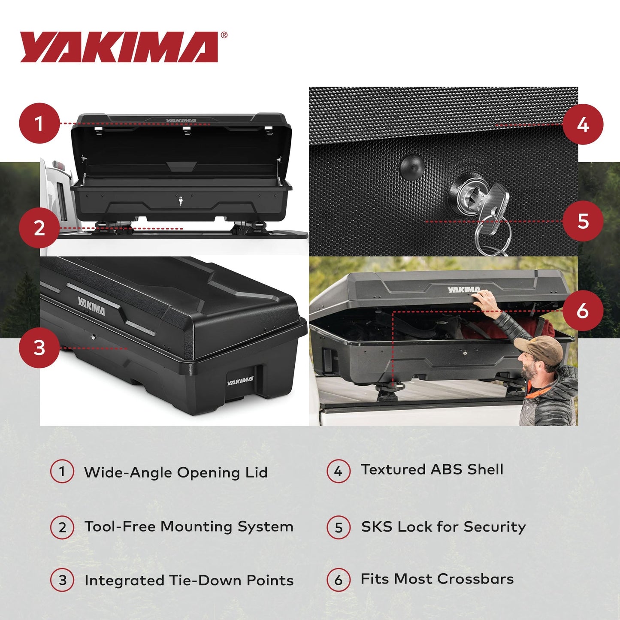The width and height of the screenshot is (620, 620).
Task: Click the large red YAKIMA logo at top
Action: pyautogui.click(x=119, y=47)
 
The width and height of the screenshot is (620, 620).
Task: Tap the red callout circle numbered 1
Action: pyautogui.click(x=39, y=124)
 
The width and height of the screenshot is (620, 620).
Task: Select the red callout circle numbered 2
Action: pyautogui.click(x=39, y=228)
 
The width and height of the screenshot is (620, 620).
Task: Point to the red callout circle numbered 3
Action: pyautogui.click(x=39, y=348)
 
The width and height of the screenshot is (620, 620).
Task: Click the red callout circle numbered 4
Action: pyautogui.click(x=582, y=124)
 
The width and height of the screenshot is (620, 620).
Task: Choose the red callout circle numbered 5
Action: pyautogui.click(x=582, y=221)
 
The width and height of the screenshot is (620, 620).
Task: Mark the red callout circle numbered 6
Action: pyautogui.click(x=582, y=310)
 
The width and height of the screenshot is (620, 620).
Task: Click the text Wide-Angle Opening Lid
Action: pyautogui.click(x=176, y=472)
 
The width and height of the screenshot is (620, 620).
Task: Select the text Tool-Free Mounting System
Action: pyautogui.click(x=189, y=526)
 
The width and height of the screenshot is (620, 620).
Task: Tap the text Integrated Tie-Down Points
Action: pyautogui.click(x=189, y=581)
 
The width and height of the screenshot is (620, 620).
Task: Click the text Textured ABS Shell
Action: pyautogui.click(x=432, y=469)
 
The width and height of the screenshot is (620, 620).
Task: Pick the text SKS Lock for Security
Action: pyautogui.click(x=443, y=526)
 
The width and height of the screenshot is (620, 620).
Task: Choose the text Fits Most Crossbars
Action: pyautogui.click(x=437, y=579)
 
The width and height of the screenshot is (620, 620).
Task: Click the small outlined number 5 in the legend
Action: pyautogui.click(x=339, y=527)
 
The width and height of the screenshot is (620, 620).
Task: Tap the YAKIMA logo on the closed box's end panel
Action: pyautogui.click(x=240, y=381)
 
